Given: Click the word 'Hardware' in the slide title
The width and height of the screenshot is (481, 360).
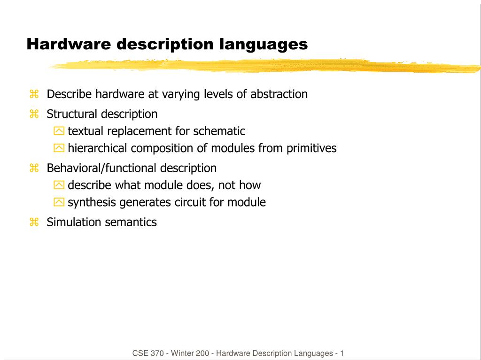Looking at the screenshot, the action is (x=69, y=44).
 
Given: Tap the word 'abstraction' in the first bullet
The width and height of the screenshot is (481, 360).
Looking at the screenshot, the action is (x=279, y=94).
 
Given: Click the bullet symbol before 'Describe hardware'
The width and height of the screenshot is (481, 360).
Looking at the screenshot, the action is (x=34, y=94).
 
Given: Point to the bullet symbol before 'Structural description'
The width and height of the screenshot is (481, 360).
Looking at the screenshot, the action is (x=34, y=114).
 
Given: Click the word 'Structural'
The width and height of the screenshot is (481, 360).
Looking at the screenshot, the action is (x=72, y=114).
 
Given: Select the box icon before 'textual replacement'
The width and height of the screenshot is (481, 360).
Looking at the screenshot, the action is (x=59, y=131).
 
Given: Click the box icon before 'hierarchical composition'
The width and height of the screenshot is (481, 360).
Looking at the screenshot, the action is (x=59, y=148).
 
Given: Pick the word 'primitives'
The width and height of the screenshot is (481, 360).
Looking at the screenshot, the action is (x=311, y=148).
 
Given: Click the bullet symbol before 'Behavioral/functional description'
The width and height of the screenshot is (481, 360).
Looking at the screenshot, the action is (x=34, y=168).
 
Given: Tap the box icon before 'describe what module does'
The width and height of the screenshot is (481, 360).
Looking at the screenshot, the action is (x=59, y=185).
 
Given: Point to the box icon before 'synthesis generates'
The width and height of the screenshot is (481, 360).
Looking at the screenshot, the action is (x=59, y=202).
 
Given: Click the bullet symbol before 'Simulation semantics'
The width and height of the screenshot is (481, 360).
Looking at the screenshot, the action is (x=34, y=222).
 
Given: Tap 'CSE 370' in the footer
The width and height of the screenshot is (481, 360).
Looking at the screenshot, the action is (x=148, y=353).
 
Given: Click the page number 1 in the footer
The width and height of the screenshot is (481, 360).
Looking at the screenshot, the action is (x=342, y=353).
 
